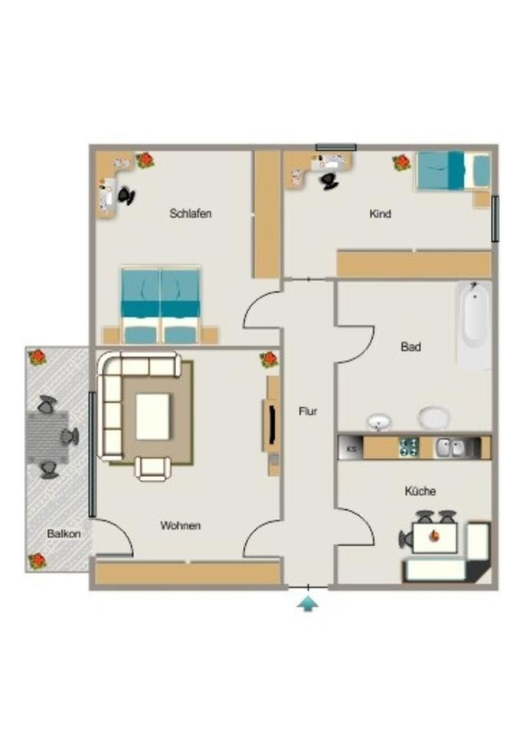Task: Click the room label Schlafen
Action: pyautogui.click(x=190, y=214)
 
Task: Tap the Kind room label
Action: pyautogui.click(x=380, y=214)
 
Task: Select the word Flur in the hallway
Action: pyautogui.click(x=308, y=411)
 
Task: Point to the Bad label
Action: pyautogui.click(x=410, y=347)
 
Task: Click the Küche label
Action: pyautogui.click(x=420, y=491)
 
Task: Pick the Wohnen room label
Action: pyautogui.click(x=181, y=526)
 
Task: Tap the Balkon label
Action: pyautogui.click(x=58, y=533)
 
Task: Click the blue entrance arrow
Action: pyautogui.click(x=308, y=604)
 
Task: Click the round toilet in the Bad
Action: pyautogui.click(x=434, y=418)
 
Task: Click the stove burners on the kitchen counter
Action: pyautogui.click(x=408, y=447)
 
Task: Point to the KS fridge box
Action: pyautogui.click(x=352, y=448)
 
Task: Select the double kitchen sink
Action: pyautogui.click(x=450, y=448)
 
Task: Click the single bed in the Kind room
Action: pyautogui.click(x=452, y=170)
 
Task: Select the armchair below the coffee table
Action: pyautogui.click(x=153, y=466)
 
